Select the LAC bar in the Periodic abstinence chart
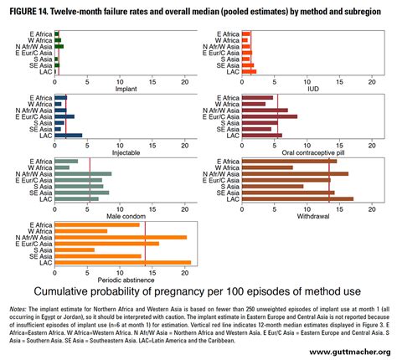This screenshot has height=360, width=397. coord(122,262)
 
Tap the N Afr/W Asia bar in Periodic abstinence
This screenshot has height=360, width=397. coord(120,237)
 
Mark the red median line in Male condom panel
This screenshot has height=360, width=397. coord(90,179)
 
